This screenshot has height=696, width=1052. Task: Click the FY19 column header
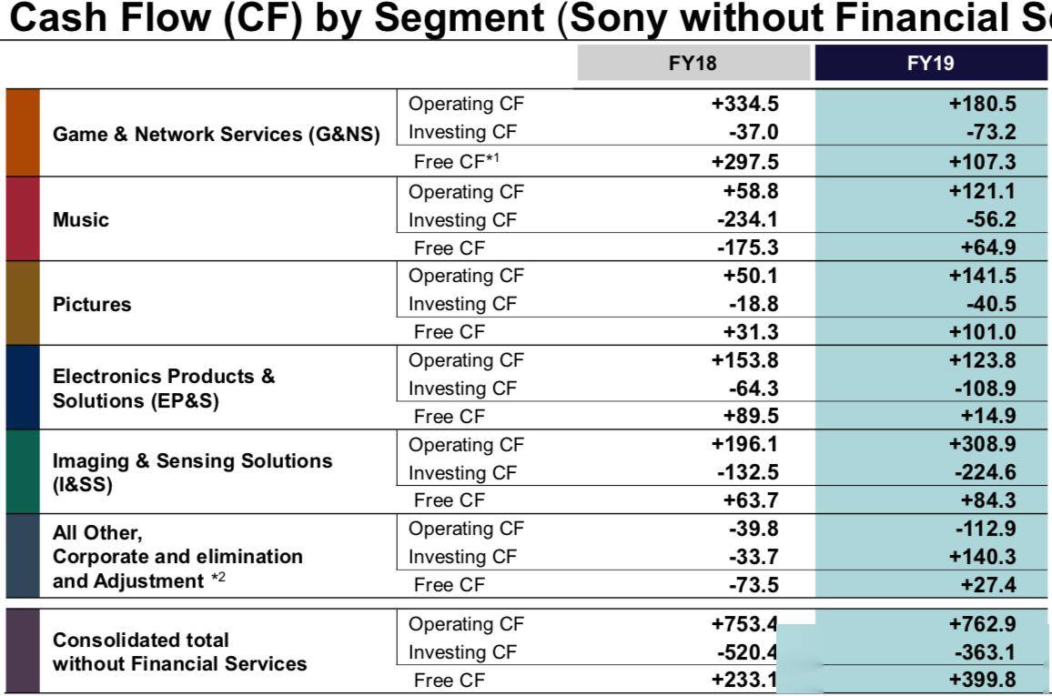(931, 64)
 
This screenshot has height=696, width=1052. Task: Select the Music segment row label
(81, 220)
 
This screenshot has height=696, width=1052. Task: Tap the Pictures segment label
(92, 305)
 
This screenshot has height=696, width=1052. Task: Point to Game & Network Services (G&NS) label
(217, 135)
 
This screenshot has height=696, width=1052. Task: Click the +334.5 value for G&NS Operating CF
(745, 105)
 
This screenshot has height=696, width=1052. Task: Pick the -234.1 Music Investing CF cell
(748, 220)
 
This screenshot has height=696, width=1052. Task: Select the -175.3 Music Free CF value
(748, 248)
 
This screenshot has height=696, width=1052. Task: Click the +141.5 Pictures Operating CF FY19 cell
(983, 277)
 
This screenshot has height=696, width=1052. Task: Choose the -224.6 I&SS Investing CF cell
(986, 473)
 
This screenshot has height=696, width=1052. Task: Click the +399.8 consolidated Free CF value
(983, 680)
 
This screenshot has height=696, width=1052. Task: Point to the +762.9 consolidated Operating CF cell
(983, 624)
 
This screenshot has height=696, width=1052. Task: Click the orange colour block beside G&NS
(23, 133)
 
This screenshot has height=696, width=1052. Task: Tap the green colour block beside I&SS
(23, 471)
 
